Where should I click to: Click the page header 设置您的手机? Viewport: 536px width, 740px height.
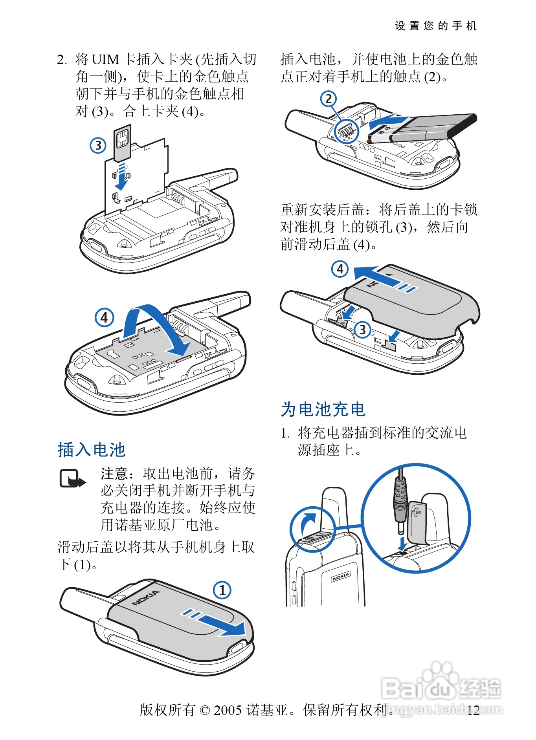click(x=435, y=26)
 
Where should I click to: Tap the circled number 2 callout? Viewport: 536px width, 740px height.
click(x=329, y=99)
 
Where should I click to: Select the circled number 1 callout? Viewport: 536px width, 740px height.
click(x=222, y=590)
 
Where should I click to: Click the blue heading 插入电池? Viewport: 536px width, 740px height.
click(x=92, y=450)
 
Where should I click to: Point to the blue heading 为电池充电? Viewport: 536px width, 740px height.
click(x=323, y=409)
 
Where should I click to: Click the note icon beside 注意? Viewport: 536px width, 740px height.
click(x=72, y=479)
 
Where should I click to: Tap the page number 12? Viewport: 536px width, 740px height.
click(x=474, y=710)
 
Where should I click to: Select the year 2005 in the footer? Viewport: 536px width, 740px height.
click(x=228, y=710)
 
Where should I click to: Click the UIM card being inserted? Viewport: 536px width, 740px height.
click(x=122, y=143)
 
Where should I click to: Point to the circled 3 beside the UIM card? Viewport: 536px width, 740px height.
click(x=98, y=145)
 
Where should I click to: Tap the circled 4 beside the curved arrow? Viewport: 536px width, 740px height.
click(x=104, y=317)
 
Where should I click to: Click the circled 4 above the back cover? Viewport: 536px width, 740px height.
click(x=340, y=269)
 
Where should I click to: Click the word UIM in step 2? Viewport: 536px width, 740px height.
click(x=105, y=60)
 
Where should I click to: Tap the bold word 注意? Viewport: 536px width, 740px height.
click(x=114, y=474)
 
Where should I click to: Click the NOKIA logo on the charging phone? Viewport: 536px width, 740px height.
click(x=341, y=577)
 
